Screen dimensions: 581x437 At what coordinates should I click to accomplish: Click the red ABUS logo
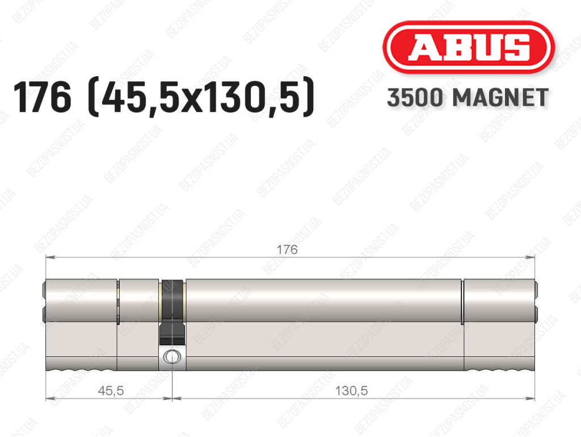[x=468, y=47]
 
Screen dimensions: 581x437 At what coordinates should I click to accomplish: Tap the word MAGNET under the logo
[x=500, y=98]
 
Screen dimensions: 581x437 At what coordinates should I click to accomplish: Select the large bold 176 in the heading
[x=42, y=97]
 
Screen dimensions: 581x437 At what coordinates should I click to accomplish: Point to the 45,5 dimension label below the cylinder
[x=111, y=390]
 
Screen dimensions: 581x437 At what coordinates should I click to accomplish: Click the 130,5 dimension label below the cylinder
[x=351, y=390]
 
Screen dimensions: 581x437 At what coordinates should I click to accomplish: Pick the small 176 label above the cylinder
[x=287, y=249]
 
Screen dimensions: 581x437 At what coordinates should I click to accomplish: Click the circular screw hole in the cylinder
[x=172, y=356]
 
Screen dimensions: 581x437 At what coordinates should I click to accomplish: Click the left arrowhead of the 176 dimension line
[x=50, y=257]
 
